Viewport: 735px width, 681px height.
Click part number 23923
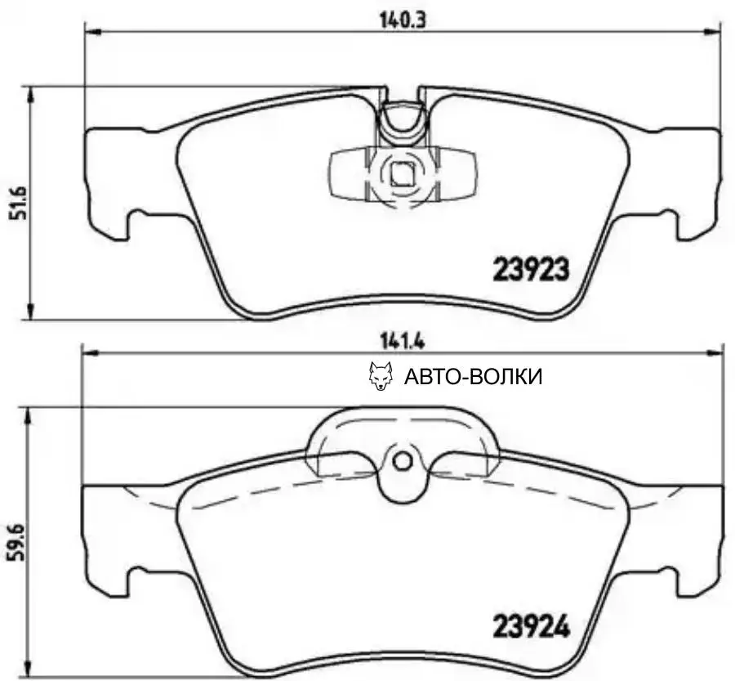(x=531, y=269)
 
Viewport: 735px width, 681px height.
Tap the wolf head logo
(x=381, y=376)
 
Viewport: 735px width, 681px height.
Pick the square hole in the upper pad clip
(x=401, y=173)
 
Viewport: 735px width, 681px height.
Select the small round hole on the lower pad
(x=402, y=462)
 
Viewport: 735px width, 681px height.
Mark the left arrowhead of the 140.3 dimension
(x=92, y=32)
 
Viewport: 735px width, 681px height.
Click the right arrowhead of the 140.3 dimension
(x=715, y=32)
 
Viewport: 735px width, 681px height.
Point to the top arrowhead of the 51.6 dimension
(x=32, y=92)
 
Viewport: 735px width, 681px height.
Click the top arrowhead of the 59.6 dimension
(x=32, y=414)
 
